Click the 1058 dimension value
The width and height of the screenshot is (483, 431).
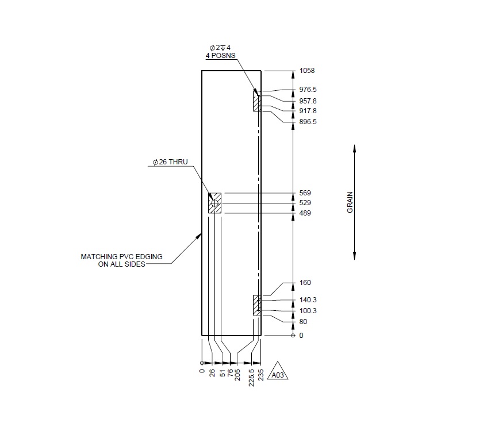pyautogui.click(x=307, y=71)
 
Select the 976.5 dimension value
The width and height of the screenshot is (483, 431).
pyautogui.click(x=308, y=90)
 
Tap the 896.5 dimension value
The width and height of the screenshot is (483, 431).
pyautogui.click(x=308, y=122)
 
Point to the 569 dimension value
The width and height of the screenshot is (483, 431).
pyautogui.click(x=305, y=193)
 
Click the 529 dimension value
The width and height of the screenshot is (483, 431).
pyautogui.click(x=305, y=203)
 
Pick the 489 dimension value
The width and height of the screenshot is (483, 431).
pyautogui.click(x=305, y=213)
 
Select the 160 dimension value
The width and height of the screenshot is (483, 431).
pyautogui.click(x=305, y=283)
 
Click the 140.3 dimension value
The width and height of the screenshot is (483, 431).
pyautogui.click(x=308, y=300)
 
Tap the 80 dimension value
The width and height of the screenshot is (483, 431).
pyautogui.click(x=303, y=322)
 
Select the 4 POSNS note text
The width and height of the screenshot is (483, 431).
pyautogui.click(x=220, y=56)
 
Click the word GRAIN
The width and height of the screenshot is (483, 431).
pyautogui.click(x=350, y=202)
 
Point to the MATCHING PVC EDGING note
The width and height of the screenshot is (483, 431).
pyautogui.click(x=113, y=260)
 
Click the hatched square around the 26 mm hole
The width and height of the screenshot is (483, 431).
pyautogui.click(x=215, y=203)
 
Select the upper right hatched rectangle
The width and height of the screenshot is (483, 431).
pyautogui.click(x=256, y=101)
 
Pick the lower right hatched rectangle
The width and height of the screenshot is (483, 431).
pyautogui.click(x=256, y=305)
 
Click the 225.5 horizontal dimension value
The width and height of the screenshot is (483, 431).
pyautogui.click(x=251, y=376)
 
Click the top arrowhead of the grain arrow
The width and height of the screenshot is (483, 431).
pyautogui.click(x=354, y=148)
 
